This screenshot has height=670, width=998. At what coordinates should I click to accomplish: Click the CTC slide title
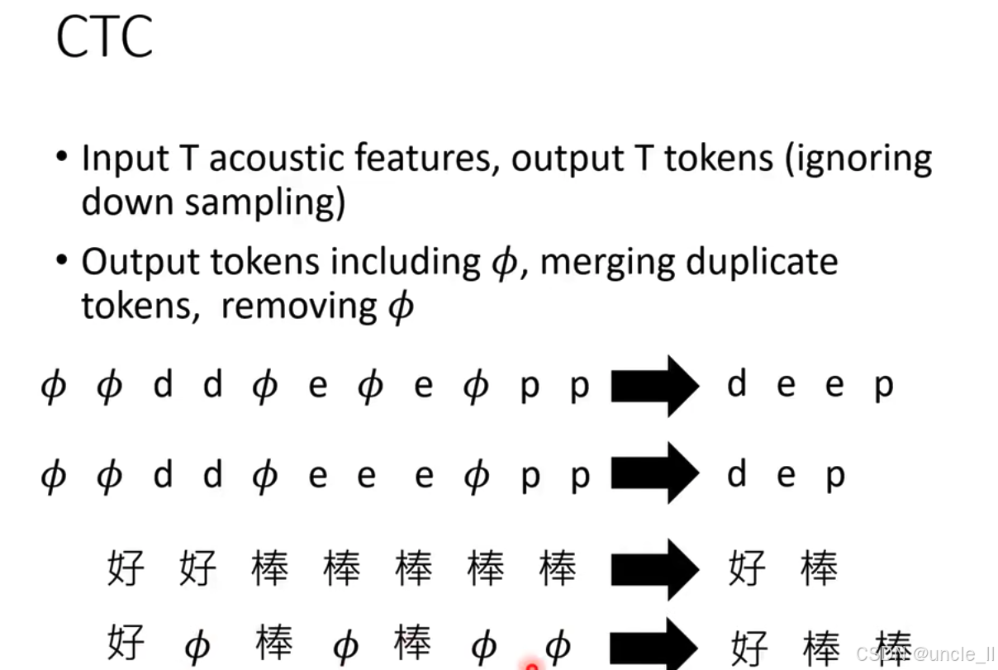click(104, 37)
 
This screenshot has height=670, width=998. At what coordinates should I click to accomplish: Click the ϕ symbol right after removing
click(401, 307)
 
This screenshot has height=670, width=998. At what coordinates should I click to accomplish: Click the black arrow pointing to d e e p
click(655, 386)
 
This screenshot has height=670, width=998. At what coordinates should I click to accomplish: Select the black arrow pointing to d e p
click(655, 473)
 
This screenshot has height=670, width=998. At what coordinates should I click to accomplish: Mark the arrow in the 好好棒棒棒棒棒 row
click(655, 568)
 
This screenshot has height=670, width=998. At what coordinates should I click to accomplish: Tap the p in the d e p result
click(835, 475)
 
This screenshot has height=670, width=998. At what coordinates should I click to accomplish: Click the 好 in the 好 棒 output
click(748, 568)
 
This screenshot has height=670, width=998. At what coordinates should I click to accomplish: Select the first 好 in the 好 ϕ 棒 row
click(126, 642)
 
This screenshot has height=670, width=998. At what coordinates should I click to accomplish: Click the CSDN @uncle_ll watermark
click(924, 654)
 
